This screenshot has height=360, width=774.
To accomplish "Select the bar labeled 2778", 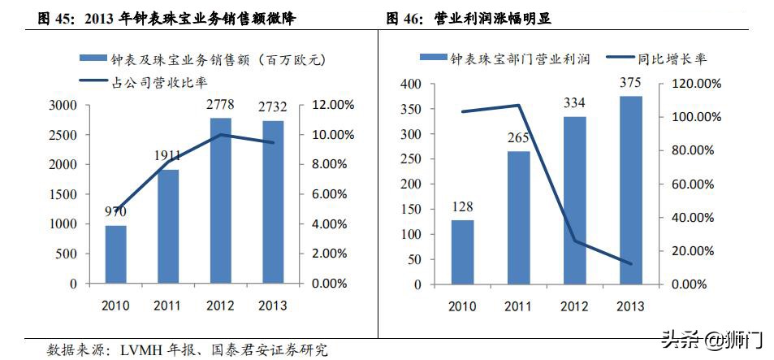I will click(x=220, y=201).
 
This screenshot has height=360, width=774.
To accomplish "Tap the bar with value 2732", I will click(x=272, y=202).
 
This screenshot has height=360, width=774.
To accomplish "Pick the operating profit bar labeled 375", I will click(x=630, y=190).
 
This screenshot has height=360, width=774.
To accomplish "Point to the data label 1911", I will click(x=168, y=154).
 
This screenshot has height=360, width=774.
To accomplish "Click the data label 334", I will click(x=574, y=102).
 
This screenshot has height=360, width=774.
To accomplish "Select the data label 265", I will click(x=518, y=137).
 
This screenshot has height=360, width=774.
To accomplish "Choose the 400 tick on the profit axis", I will click(x=411, y=84).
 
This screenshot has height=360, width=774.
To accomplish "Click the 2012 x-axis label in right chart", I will click(x=574, y=306).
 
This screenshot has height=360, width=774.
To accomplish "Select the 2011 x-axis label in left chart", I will click(x=168, y=305).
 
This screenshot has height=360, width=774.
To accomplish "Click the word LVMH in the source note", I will click(x=140, y=350).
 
